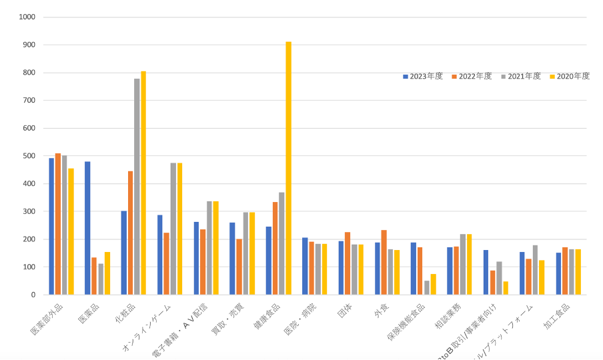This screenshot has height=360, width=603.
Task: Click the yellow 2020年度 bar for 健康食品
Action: click(x=289, y=168)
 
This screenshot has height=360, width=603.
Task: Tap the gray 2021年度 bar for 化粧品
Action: click(x=137, y=187)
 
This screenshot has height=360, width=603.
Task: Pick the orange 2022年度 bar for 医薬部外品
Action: click(x=58, y=224)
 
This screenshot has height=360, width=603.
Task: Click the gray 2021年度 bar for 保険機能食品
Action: click(x=426, y=288)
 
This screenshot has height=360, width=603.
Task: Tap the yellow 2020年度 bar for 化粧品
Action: click(x=143, y=183)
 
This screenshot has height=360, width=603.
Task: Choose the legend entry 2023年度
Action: click(x=426, y=76)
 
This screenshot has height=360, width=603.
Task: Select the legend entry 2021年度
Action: click(x=524, y=76)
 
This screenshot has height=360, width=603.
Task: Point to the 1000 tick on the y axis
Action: click(x=28, y=17)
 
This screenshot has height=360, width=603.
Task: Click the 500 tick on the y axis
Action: click(x=30, y=156)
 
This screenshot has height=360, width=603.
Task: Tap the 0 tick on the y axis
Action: click(x=34, y=295)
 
